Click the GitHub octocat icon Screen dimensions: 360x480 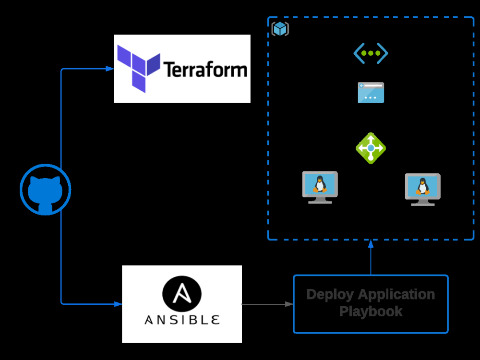pyautogui.click(x=45, y=190)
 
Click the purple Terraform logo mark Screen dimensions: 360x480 pyautogui.click(x=139, y=68)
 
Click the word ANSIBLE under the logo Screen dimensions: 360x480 pyautogui.click(x=182, y=319)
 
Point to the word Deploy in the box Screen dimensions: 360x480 pyautogui.click(x=330, y=294)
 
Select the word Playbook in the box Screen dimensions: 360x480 pyautogui.click(x=371, y=311)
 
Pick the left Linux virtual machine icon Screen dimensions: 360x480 pyautogui.click(x=320, y=187)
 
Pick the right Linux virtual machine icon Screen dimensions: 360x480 pyautogui.click(x=423, y=189)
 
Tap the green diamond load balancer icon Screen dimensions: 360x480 pyautogui.click(x=371, y=148)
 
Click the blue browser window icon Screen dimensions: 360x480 pyautogui.click(x=371, y=93)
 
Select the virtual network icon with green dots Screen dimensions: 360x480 pyautogui.click(x=371, y=53)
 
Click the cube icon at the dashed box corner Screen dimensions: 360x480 pyautogui.click(x=280, y=29)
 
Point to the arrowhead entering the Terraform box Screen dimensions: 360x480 pyautogui.click(x=110, y=69)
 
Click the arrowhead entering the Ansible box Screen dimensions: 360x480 pyautogui.click(x=118, y=304)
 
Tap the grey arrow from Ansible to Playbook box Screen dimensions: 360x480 pyautogui.click(x=267, y=304)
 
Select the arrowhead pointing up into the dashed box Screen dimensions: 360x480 pyautogui.click(x=371, y=243)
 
